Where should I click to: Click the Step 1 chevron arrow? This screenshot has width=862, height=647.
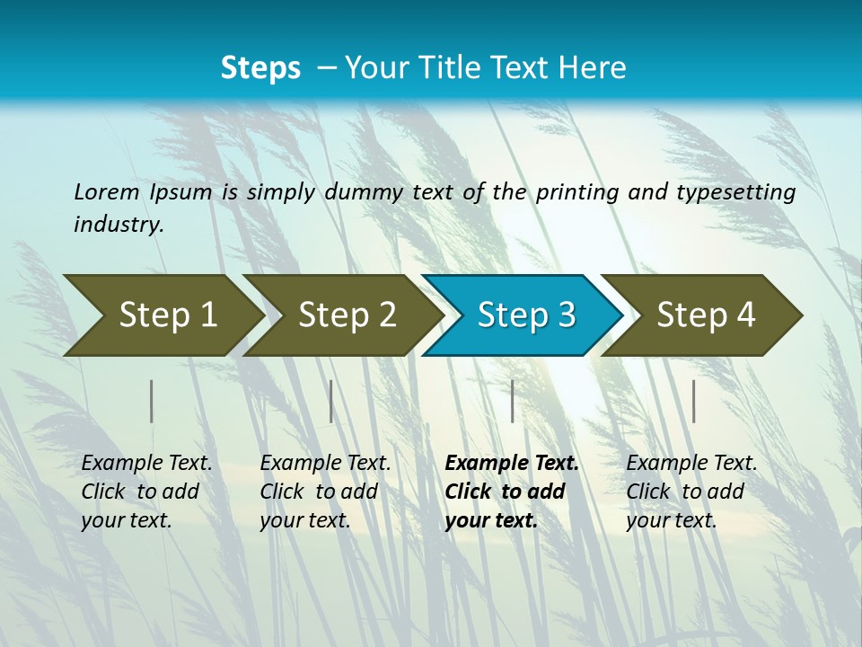pos(166,315)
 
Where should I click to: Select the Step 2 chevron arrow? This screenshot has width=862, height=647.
pos(346,315)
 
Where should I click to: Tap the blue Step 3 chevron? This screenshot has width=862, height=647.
pos(525,315)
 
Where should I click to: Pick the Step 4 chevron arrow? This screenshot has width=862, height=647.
pos(705,315)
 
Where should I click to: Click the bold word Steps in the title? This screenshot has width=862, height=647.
pos(260,68)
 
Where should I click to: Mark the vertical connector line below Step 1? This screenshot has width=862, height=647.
pos(152,401)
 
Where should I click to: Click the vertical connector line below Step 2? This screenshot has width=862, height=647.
pos(331,401)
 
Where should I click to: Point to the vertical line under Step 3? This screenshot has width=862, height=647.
pos(512,401)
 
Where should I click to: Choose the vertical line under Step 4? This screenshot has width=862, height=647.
pos(693,401)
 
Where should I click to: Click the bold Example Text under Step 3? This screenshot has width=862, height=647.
pos(512,464)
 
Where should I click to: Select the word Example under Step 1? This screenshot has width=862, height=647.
pos(121,464)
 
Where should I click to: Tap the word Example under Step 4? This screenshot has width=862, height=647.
pos(666,464)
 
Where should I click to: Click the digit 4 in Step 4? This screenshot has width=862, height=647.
pos(745,315)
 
